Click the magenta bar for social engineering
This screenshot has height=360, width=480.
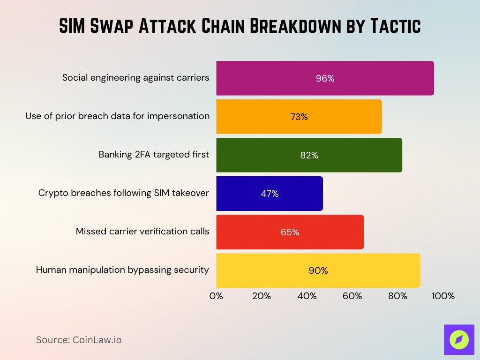point(325,78)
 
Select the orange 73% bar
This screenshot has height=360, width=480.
point(299,117)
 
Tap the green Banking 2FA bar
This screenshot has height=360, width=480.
point(309,155)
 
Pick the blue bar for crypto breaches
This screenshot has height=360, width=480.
point(270,194)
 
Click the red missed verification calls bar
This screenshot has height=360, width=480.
point(290,232)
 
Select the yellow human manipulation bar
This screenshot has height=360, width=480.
point(318,270)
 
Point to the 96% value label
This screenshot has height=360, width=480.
point(325,79)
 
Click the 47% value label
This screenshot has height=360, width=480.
point(270,194)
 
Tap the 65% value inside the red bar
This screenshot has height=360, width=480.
point(290,232)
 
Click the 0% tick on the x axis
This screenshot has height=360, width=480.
point(216,296)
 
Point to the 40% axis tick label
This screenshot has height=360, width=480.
point(307,296)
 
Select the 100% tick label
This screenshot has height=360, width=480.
point(443,296)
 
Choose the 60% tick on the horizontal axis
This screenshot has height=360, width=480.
point(352,296)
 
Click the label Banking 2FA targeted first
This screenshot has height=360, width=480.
point(154,154)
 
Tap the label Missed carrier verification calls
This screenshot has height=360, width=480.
point(142,231)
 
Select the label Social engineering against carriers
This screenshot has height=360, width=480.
point(135,77)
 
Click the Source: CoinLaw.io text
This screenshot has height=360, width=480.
point(79,340)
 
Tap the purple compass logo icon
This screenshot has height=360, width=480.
point(459,339)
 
